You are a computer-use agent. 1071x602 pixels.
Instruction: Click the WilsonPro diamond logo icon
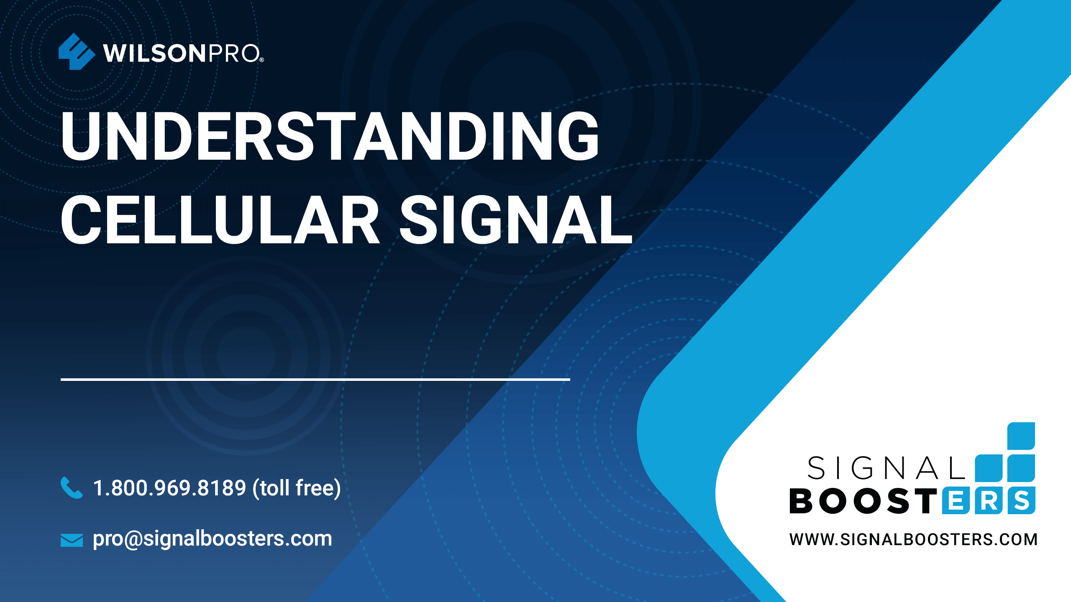[x=77, y=51]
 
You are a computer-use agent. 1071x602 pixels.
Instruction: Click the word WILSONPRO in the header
[x=182, y=54]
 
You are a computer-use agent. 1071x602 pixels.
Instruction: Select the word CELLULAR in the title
[x=220, y=219]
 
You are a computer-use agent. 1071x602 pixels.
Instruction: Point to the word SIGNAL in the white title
[x=516, y=219]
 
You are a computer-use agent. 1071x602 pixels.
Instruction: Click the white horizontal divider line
[x=315, y=379]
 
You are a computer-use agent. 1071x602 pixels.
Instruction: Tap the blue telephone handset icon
[x=72, y=487]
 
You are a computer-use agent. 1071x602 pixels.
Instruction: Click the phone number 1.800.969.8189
[x=169, y=488]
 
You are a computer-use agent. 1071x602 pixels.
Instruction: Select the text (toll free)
[x=297, y=488]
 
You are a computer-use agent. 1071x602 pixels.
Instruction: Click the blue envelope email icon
[x=72, y=540]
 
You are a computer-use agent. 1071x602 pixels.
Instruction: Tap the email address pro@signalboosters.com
[x=213, y=539]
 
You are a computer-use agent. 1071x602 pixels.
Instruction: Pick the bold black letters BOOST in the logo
[x=863, y=501]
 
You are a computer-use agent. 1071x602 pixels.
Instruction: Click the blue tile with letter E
[x=956, y=500]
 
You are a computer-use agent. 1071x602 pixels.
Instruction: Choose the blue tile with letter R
[x=989, y=500]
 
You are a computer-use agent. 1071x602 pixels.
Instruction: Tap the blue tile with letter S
[x=1022, y=500]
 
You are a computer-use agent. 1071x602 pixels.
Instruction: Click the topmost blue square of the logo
[x=1021, y=436]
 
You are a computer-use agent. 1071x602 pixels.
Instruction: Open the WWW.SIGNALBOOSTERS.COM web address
[x=913, y=540]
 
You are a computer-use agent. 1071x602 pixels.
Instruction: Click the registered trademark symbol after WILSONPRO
[x=261, y=60]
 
